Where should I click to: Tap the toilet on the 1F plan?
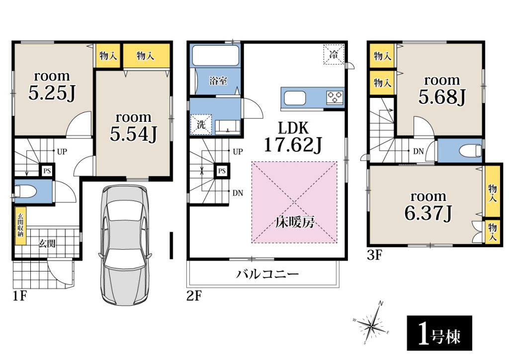25,191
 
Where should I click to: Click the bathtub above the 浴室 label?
215,56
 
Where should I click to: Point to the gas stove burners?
335,97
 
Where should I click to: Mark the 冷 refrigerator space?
334,54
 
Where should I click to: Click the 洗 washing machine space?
201,124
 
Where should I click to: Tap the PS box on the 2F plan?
222,171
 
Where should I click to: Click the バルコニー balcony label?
267,274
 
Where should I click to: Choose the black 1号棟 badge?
439,333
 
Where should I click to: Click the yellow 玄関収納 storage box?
20,226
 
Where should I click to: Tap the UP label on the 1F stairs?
62,152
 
